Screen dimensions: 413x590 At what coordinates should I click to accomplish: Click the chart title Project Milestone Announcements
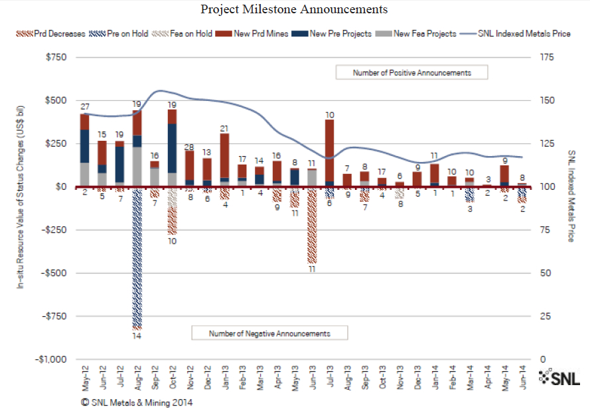pos(294,9)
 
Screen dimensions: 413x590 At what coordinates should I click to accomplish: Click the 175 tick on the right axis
pos(547,58)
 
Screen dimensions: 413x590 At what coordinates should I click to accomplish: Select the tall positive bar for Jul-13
pos(329,153)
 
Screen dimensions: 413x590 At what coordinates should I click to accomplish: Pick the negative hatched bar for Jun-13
pos(312,226)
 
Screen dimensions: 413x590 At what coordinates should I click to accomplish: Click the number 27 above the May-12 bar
pos(85,107)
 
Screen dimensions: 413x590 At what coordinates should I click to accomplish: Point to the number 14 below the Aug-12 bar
pos(137,337)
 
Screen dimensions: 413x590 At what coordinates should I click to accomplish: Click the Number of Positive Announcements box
pos(411,72)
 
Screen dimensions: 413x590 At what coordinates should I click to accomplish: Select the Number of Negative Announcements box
pos(269,333)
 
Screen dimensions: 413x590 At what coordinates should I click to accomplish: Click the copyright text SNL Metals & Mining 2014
pos(137,402)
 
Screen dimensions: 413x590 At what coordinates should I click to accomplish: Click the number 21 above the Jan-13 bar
pos(225,128)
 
